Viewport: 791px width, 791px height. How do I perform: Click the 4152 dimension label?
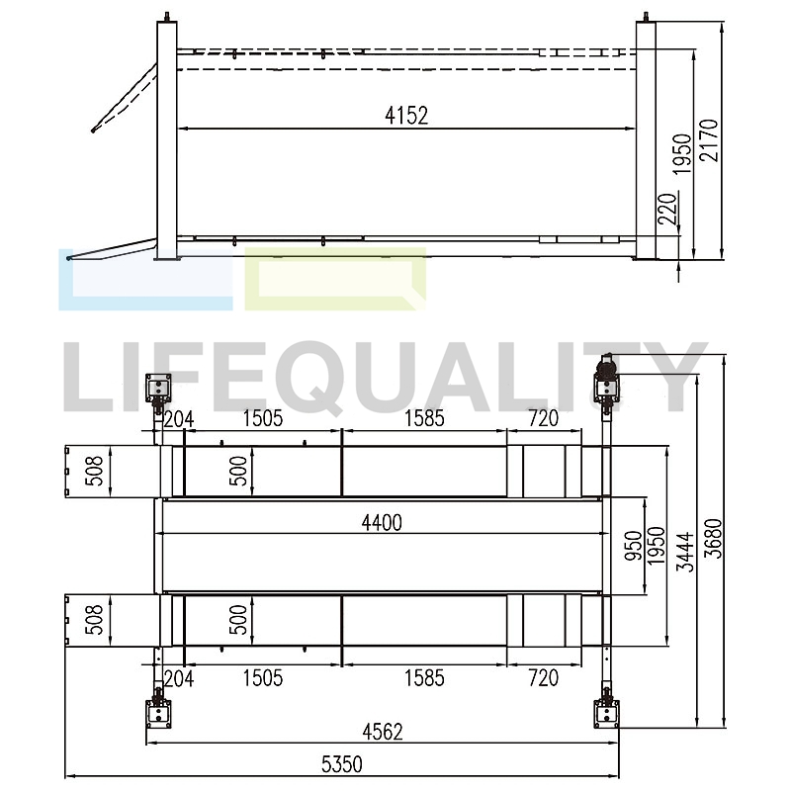[x=406, y=116]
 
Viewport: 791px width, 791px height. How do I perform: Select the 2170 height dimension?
[x=709, y=140]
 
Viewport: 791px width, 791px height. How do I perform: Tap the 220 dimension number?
[x=667, y=209]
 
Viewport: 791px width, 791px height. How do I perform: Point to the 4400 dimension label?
[x=382, y=523]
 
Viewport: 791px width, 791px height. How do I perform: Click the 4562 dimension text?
[x=383, y=732]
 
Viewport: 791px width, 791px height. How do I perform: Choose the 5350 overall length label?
[x=342, y=764]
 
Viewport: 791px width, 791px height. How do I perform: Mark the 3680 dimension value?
[x=714, y=538]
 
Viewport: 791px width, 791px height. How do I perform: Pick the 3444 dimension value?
[x=685, y=552]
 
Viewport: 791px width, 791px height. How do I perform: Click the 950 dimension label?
[x=634, y=546]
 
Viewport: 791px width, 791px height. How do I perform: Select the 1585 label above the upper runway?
[x=424, y=418]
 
